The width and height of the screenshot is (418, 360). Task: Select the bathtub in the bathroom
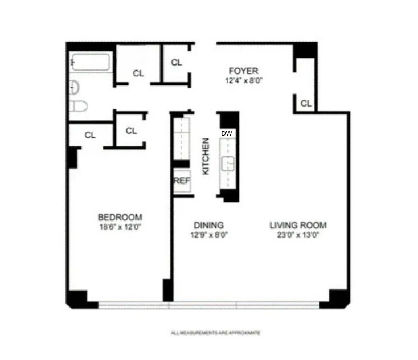click(x=91, y=62)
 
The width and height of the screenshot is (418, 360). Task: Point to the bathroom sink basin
click(x=74, y=87)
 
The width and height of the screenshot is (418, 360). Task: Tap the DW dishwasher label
click(x=227, y=133)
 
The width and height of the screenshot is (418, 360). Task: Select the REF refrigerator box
click(x=181, y=181)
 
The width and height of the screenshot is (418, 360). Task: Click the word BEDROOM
click(x=120, y=218)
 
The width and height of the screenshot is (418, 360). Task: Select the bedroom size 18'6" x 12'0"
click(x=120, y=227)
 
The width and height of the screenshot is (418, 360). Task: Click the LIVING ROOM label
click(x=298, y=225)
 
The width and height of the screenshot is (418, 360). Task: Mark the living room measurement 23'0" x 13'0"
click(x=298, y=234)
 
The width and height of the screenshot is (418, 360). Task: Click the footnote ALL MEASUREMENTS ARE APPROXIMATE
click(x=216, y=333)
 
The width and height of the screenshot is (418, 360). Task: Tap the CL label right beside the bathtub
click(x=138, y=73)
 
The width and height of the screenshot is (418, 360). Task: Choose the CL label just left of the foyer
click(x=177, y=62)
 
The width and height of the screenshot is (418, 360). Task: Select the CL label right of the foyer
click(x=306, y=103)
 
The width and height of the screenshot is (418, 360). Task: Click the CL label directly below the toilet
click(x=90, y=135)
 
